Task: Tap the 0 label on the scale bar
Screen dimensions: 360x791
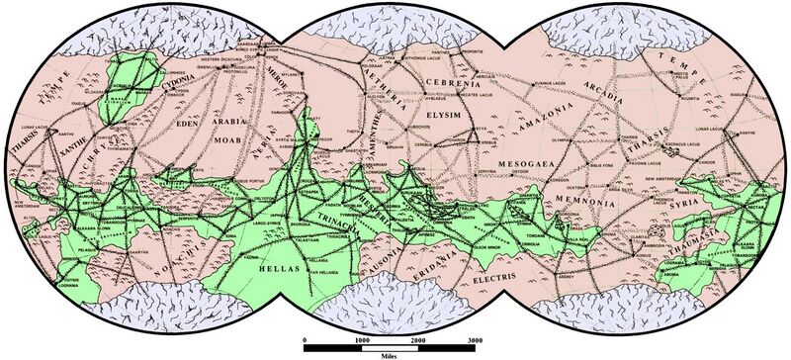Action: pos(305,340)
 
